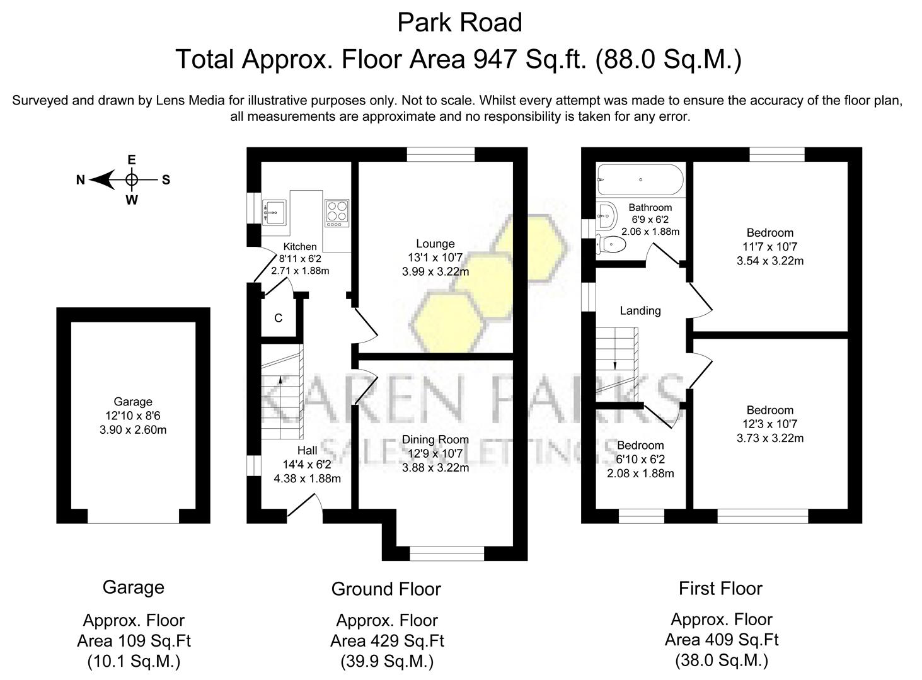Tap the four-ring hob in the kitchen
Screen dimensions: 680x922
[337, 213]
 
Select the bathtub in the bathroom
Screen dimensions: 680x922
[640, 179]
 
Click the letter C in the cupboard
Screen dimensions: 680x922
[278, 319]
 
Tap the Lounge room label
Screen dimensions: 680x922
[435, 244]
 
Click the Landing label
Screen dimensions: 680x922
[640, 310]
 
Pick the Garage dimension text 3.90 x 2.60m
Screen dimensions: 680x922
[133, 429]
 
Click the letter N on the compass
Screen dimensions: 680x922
[81, 180]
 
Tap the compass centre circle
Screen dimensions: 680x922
[131, 180]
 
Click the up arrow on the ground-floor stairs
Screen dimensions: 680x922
[280, 379]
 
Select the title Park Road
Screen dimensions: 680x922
[459, 23]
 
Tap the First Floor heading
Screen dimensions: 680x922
[720, 589]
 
